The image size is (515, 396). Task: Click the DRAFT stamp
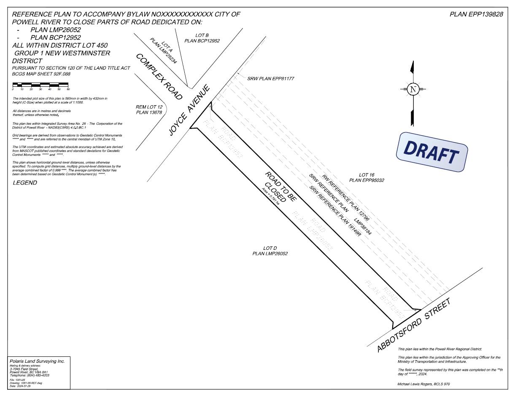pyautogui.click(x=431, y=152)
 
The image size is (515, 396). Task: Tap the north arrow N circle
pyautogui.click(x=413, y=89)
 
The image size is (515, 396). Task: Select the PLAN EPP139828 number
pyautogui.click(x=476, y=14)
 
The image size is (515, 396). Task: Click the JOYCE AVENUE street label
pyautogui.click(x=189, y=110)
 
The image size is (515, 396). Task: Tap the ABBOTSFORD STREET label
pyautogui.click(x=414, y=325)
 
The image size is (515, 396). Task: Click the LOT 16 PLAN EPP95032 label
pyautogui.click(x=367, y=177)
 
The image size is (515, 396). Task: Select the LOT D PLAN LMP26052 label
pyautogui.click(x=270, y=251)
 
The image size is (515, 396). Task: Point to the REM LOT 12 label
pyautogui.click(x=149, y=110)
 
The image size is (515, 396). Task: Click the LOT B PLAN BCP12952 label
pyautogui.click(x=202, y=38)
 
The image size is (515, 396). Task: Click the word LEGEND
pyautogui.click(x=25, y=183)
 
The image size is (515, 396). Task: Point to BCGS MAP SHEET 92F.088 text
pyautogui.click(x=41, y=74)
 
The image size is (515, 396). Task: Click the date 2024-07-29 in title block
pyautogui.click(x=20, y=386)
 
